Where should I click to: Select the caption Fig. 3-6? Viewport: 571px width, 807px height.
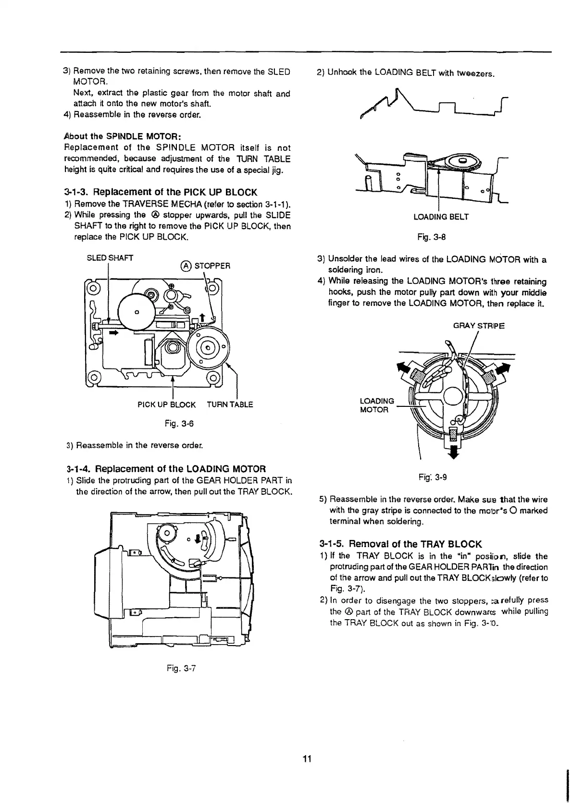click(179, 423)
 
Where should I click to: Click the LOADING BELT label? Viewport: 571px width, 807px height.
click(441, 217)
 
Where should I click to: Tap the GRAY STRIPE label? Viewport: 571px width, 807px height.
click(479, 326)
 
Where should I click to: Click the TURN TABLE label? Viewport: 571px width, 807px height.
click(230, 404)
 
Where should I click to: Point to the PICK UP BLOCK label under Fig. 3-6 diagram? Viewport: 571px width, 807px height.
click(166, 404)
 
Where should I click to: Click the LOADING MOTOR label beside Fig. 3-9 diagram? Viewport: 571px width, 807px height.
click(377, 405)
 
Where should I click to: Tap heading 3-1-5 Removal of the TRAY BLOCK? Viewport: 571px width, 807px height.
click(400, 544)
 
